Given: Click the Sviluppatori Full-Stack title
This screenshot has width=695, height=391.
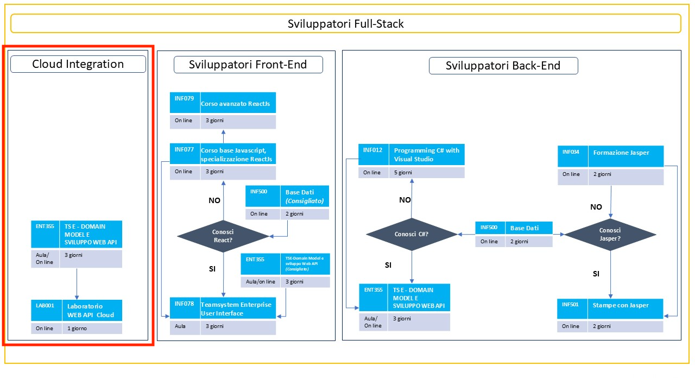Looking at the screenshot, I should pos(345,24).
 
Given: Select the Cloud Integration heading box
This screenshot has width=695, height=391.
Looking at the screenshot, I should pos(78,64).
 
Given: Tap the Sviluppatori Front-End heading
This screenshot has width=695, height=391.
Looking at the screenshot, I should pos(248,65).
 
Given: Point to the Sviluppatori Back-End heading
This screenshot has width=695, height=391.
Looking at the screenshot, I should pos(503,66).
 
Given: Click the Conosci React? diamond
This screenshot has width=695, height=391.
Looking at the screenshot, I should pos(223,236).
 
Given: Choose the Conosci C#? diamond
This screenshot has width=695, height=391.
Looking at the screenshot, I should pos(412,234).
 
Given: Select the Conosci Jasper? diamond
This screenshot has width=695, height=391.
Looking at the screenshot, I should pos(610,235).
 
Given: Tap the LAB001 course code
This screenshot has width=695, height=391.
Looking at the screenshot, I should pos(46,306).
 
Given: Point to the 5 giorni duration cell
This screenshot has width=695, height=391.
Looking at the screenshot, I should pos(403,173).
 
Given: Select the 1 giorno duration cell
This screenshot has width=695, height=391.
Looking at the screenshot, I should pos(77,329).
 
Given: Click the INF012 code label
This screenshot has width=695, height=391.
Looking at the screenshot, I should pos(372,150).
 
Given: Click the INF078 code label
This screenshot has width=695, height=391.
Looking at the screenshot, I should pos(185,304).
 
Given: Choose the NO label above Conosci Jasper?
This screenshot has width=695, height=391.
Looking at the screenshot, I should pos(596,207).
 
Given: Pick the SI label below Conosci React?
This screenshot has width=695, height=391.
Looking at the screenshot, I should pos(213,268).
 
